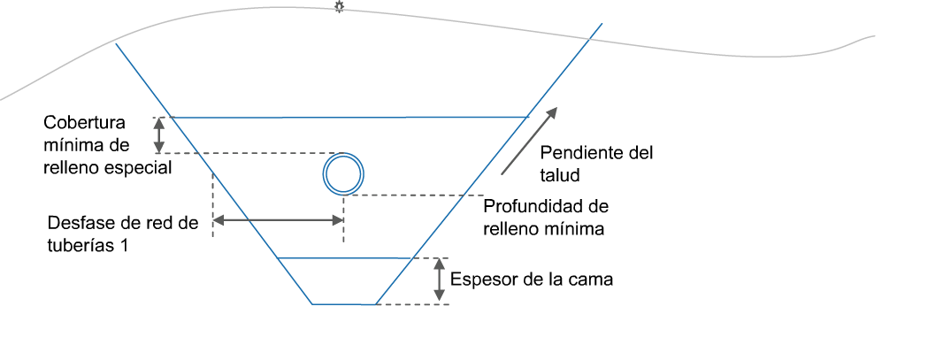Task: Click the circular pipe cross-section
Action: pyautogui.click(x=341, y=172)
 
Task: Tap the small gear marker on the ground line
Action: pyautogui.click(x=339, y=7)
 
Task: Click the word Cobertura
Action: pyautogui.click(x=85, y=122)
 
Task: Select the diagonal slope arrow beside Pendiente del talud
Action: pyautogui.click(x=530, y=140)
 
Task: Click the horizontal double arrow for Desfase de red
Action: pyautogui.click(x=278, y=221)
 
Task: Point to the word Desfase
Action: pyautogui.click(x=79, y=224)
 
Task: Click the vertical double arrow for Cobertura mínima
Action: pyautogui.click(x=159, y=134)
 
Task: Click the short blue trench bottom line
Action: pyautogui.click(x=344, y=304)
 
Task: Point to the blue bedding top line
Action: pyautogui.click(x=345, y=257)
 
